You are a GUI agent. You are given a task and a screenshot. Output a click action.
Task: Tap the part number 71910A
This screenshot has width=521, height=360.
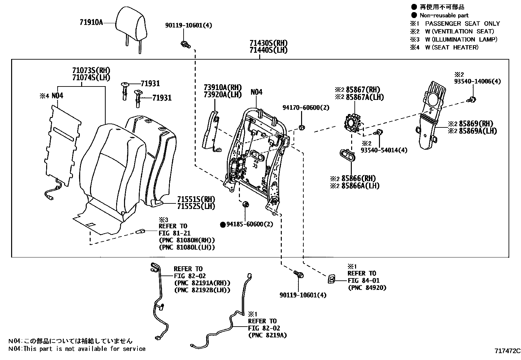click(91, 23)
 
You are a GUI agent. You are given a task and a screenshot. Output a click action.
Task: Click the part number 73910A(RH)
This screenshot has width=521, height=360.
click(222, 87)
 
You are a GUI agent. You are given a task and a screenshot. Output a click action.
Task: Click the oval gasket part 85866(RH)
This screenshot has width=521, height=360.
click(347, 155)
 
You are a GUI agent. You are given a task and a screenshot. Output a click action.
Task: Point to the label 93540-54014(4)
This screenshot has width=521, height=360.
click(384, 150)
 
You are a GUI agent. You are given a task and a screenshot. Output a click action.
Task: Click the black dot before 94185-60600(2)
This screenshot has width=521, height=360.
click(223, 224)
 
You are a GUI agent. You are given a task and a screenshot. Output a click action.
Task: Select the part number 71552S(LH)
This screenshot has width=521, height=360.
click(196, 206)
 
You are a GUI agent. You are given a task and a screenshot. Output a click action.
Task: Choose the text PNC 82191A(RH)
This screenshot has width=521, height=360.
click(202, 283)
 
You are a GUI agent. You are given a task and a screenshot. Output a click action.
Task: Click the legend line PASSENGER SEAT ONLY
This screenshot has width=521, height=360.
click(462, 24)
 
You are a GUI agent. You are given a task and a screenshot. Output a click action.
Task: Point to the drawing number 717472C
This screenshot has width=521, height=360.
click(507, 351)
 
